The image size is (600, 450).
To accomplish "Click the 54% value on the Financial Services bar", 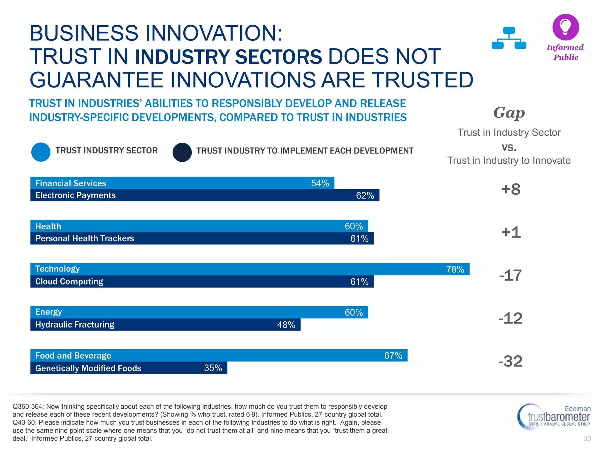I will pos(320,183).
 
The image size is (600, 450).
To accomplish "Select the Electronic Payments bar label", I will pos(75,195).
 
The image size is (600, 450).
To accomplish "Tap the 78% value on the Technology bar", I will pos(455,269).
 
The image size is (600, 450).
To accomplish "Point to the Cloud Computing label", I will pos(69,282).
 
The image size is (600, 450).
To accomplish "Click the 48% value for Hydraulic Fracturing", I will pos(286,325).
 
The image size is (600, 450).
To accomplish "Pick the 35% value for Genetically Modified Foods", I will pos(213,368).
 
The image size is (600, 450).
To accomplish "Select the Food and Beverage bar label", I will pos(73,356).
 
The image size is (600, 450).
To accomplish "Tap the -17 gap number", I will pos(510,275).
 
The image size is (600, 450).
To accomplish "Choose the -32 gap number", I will pos(510,361).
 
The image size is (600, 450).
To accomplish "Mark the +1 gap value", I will pos(511,232).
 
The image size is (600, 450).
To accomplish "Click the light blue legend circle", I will pos(41,152).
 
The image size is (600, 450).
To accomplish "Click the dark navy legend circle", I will pos(182,152).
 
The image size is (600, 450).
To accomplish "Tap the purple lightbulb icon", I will pos(565,27).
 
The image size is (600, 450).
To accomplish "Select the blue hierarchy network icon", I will pos(509,38).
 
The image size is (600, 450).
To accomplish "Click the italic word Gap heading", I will pos(509,113).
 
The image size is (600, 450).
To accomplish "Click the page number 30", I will pos(587,439).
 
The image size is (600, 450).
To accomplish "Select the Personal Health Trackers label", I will pos(84,238).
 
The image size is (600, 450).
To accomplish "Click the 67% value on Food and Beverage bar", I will pos(393,356).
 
